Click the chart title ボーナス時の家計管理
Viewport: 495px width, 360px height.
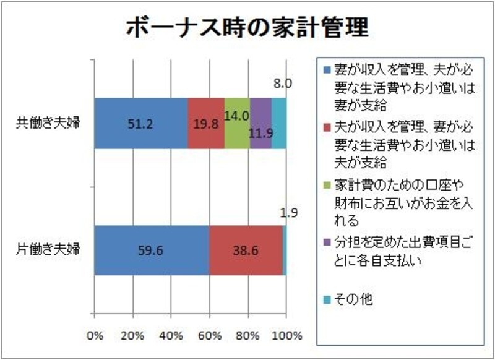point(247,27)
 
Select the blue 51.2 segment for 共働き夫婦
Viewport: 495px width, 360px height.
point(141,123)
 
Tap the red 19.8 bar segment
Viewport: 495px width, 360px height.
point(206,123)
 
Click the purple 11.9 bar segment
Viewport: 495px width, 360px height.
point(260,123)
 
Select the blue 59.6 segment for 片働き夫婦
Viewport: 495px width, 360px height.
point(152,251)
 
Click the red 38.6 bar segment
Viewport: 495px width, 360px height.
point(246,251)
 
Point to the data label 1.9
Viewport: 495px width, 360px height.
point(286,213)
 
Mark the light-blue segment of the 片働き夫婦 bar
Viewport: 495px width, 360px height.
point(285,251)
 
